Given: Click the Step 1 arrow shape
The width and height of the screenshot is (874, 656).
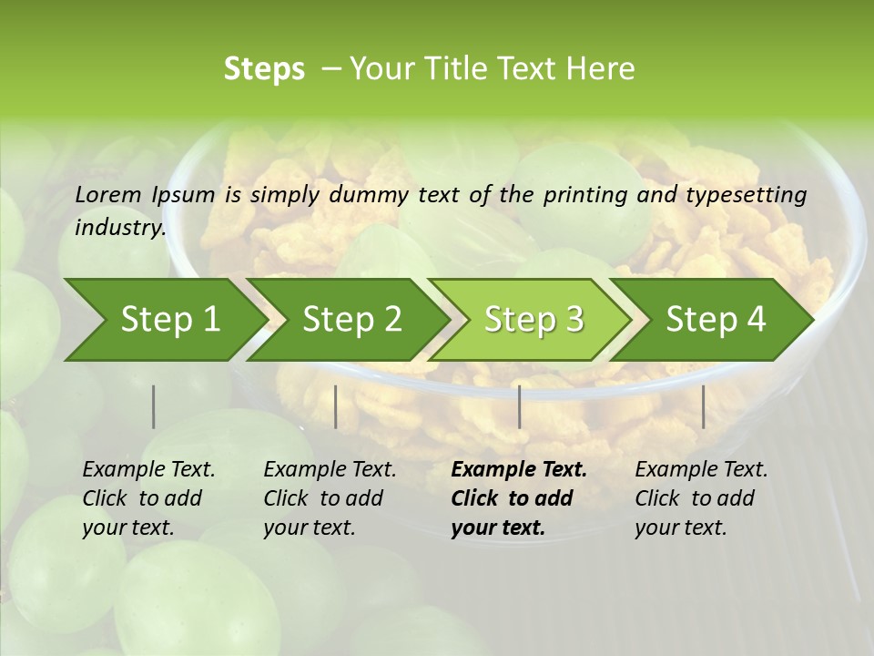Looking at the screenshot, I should point(164,320).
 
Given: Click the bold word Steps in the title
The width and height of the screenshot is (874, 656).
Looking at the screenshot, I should point(264,69).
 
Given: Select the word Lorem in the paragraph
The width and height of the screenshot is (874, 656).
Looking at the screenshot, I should point(108,195).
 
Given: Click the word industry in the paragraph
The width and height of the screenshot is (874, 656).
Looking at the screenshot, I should point(119,228).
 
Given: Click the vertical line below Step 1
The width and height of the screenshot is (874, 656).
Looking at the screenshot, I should point(154,406).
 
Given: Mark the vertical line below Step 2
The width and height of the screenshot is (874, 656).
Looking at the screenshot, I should point(336,406).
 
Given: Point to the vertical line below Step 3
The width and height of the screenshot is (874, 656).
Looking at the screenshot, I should point(519,406).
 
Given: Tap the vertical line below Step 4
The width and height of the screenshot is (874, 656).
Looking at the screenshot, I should point(703,406).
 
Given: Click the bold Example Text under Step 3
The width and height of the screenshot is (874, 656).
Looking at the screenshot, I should point(519,470).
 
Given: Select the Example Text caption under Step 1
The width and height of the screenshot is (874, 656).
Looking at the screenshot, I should point(148,470).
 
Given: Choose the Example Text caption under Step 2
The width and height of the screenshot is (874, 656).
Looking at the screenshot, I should point(330,470).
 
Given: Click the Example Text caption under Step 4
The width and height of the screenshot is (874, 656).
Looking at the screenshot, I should point(701,470).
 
